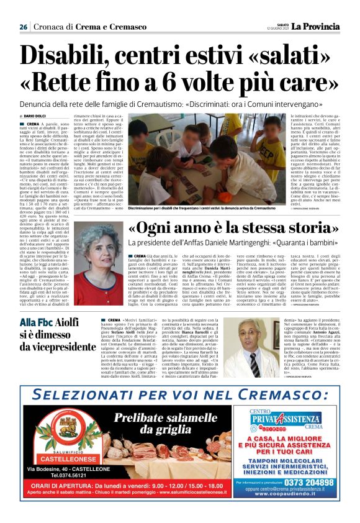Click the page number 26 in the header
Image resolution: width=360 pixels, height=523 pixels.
[x=23, y=27]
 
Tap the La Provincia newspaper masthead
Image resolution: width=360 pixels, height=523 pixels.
[x=317, y=27]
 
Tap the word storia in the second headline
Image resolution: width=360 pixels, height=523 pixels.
[x=302, y=229]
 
